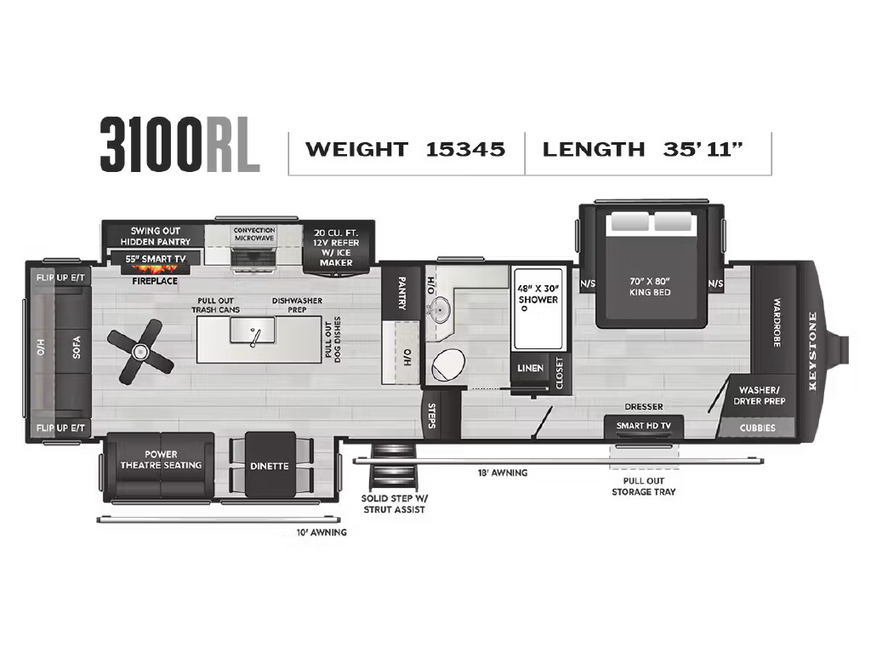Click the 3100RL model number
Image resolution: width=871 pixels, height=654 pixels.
pos(180,145)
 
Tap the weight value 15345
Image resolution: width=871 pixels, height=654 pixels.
pos(465,149)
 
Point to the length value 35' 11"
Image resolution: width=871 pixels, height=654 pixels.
pos(703,149)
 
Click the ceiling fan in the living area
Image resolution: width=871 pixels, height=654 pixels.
pos(140,351)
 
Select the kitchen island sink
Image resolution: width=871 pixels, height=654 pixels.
pos(253,330)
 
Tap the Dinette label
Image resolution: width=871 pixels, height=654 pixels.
pos(270,466)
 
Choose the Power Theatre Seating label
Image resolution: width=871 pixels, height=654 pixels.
pos(161,460)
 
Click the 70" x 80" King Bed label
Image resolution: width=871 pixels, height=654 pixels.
pos(650,286)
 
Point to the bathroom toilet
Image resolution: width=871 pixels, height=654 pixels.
pos(448,366)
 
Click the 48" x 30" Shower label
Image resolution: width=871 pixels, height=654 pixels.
pos(538,294)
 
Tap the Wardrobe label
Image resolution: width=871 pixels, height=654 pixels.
pos(777,323)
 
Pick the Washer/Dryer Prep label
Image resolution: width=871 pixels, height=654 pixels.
pos(759,395)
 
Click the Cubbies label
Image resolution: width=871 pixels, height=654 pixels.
pos(758,427)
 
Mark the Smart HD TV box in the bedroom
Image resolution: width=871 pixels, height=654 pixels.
pos(644,427)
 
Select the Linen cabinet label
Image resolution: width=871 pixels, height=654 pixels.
pos(530,368)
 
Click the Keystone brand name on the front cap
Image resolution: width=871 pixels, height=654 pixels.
pos(812,352)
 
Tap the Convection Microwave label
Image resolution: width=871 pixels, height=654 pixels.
pos(253,233)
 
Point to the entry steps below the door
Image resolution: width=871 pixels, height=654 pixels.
pos(393,468)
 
